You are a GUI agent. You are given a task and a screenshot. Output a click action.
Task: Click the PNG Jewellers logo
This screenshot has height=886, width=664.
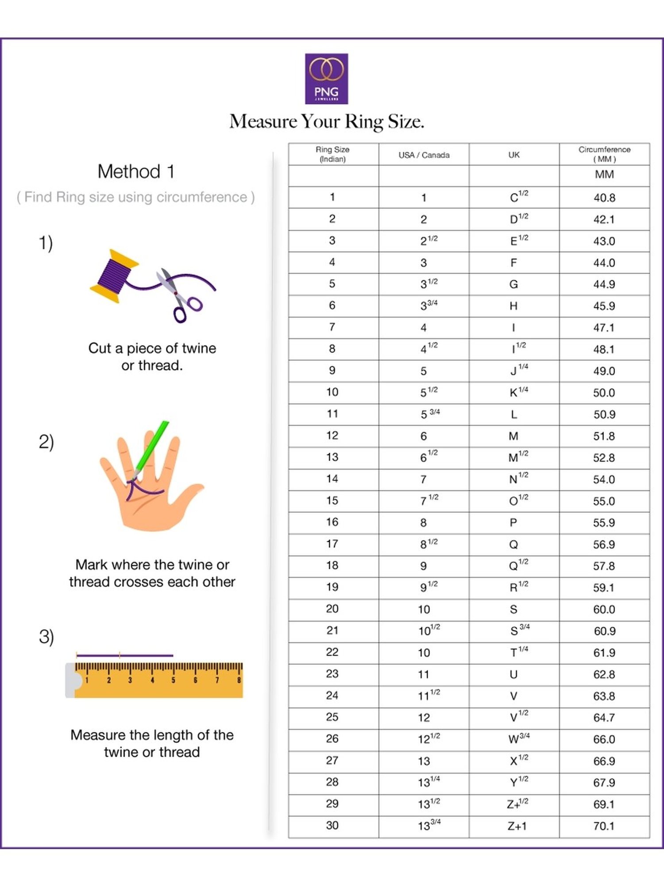point(326,79)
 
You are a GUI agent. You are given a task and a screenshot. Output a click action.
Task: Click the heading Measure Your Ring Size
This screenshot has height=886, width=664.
point(327,121)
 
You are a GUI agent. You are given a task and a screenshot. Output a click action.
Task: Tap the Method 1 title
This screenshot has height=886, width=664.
point(136,171)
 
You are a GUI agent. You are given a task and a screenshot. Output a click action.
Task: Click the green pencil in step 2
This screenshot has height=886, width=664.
point(152,447)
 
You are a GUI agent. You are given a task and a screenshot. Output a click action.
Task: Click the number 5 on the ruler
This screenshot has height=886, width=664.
point(173,680)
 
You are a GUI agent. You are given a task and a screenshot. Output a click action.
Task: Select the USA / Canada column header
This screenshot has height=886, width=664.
point(424,155)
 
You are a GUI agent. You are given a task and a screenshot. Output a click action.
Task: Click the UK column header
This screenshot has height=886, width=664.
point(514,155)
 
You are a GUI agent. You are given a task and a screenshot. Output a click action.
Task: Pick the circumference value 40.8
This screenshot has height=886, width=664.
point(604,198)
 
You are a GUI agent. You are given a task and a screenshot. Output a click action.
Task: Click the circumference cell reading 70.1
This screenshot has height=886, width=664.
point(604,826)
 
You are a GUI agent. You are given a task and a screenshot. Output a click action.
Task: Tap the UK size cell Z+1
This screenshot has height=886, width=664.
point(517,826)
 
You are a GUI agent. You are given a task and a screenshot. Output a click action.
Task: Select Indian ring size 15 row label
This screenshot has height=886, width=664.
point(332,501)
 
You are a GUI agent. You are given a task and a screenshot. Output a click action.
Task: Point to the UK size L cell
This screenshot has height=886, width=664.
point(513,415)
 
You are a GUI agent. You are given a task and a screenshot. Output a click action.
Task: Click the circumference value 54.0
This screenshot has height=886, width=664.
point(604,479)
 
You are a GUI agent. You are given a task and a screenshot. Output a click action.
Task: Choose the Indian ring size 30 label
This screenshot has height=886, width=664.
point(332,825)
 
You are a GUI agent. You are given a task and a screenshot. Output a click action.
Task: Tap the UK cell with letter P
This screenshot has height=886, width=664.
point(513,523)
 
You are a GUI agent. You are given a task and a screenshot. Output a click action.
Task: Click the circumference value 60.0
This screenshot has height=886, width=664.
point(604,609)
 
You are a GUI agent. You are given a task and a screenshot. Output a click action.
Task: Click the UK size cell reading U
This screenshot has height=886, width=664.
point(513,674)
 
